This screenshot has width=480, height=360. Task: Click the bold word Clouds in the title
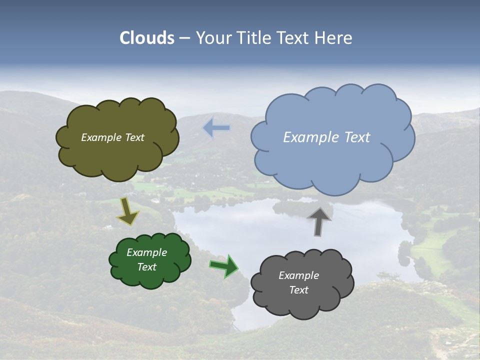(147, 38)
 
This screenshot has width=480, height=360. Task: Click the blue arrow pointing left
(216, 128)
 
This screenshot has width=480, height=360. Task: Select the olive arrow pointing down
(127, 211)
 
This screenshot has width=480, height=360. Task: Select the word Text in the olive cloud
(134, 137)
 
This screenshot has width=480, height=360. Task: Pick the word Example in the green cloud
(146, 252)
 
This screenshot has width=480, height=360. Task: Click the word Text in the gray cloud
(298, 290)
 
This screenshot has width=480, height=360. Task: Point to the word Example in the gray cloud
(298, 275)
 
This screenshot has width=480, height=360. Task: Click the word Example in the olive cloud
(101, 137)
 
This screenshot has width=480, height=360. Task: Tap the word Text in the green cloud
(146, 267)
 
